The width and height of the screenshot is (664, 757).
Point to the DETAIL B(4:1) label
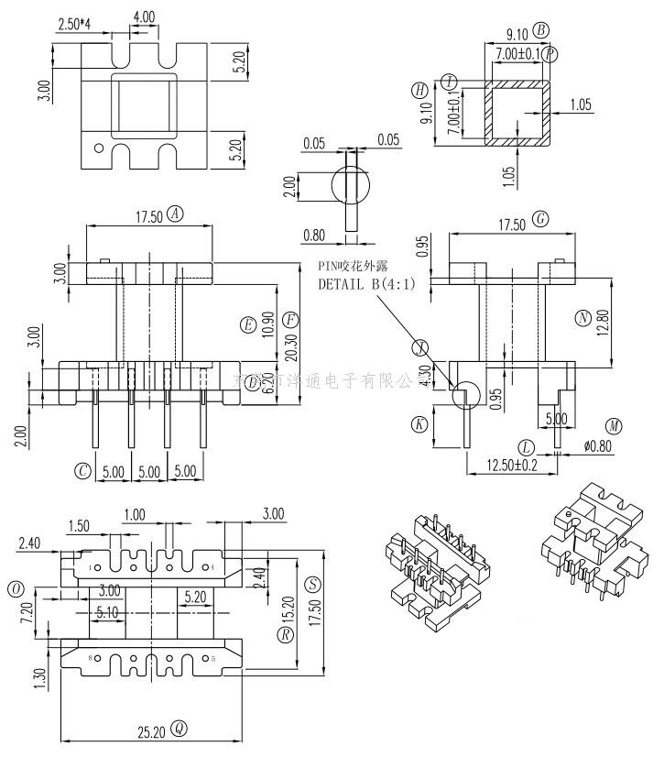coord(366,283)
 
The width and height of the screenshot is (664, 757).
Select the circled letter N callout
coord(582,318)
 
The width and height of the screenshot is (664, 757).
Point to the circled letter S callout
coord(312,583)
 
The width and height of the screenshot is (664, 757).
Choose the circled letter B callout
coord(541,30)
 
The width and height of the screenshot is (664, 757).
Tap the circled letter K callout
coord(419,424)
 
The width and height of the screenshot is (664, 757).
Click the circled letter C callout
coord(83,471)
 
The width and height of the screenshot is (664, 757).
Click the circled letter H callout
coord(419,90)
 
